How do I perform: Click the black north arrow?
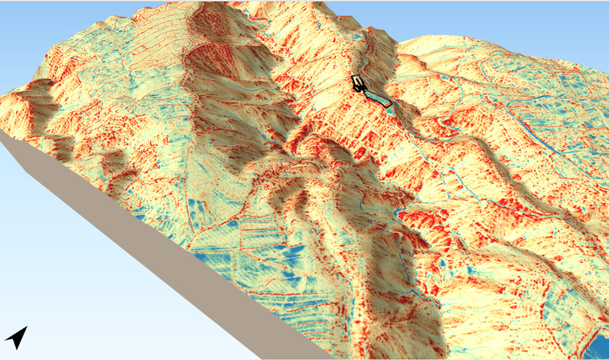pyautogui.click(x=17, y=337)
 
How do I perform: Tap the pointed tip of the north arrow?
pyautogui.click(x=26, y=326)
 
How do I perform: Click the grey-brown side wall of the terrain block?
pyautogui.click(x=142, y=246)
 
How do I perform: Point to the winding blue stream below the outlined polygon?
pyautogui.click(x=425, y=137)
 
